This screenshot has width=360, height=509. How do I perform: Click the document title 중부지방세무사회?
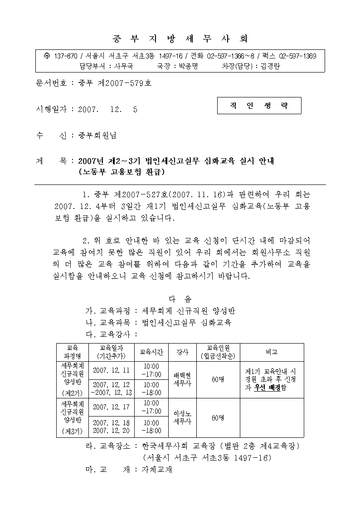pyautogui.click(x=180, y=38)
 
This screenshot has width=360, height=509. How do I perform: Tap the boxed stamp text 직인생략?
pyautogui.click(x=259, y=106)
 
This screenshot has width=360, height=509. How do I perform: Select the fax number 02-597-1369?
pyautogui.click(x=297, y=56)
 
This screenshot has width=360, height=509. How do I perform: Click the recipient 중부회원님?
pyautogui.click(x=97, y=135)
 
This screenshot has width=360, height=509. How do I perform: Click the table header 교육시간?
pyautogui.click(x=151, y=352)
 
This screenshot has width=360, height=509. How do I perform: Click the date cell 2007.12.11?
pyautogui.click(x=111, y=370)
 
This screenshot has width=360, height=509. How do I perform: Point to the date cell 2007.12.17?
pyautogui.click(x=111, y=407)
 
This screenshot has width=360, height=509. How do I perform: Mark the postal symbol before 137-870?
pyautogui.click(x=46, y=56)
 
